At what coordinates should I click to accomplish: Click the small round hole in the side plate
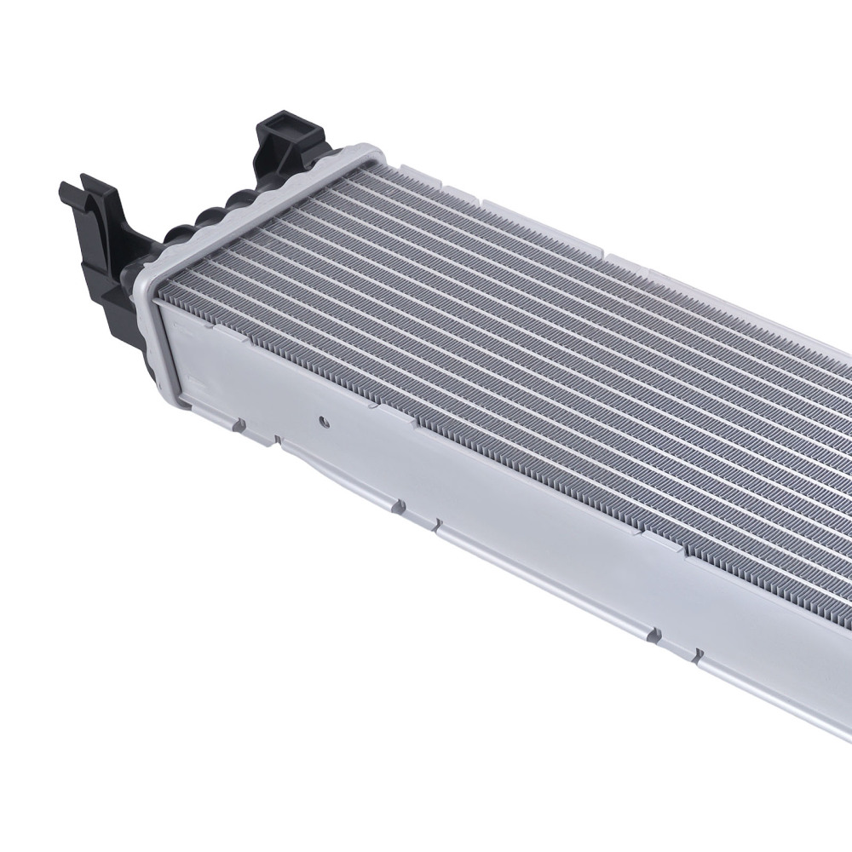coord(323,420)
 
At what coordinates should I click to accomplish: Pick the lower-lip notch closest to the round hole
coord(276,440)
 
